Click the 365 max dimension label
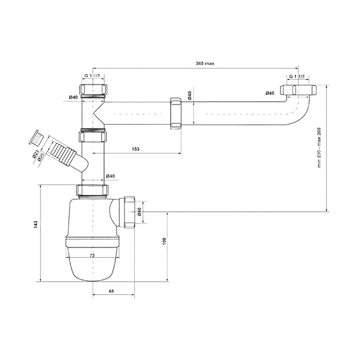click(205, 63)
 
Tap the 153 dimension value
click(135, 149)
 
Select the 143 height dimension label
click(35, 225)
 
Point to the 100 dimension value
click(164, 241)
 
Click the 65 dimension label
click(111, 291)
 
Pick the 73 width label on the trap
click(92, 255)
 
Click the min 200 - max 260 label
click(319, 147)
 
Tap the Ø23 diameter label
click(35, 154)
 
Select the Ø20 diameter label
click(41, 157)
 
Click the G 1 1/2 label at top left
click(92, 76)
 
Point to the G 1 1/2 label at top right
click(297, 77)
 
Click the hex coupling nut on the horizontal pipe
click(176, 113)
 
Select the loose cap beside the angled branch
click(36, 138)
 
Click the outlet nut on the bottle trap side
click(129, 212)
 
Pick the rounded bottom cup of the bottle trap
click(93, 264)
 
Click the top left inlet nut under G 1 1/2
click(93, 89)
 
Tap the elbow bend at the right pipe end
click(299, 111)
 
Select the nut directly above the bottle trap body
click(93, 190)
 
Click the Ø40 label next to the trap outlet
click(139, 211)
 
